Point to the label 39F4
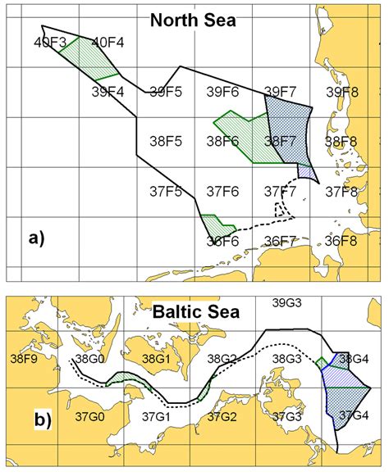[x=108, y=92]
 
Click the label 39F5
[x=165, y=92]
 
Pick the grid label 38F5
[x=165, y=142]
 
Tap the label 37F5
[x=165, y=192]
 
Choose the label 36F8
[x=341, y=241]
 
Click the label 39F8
[x=341, y=92]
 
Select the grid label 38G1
[x=156, y=358]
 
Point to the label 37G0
[x=90, y=416]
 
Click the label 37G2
[x=222, y=416]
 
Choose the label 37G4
[x=354, y=415]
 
